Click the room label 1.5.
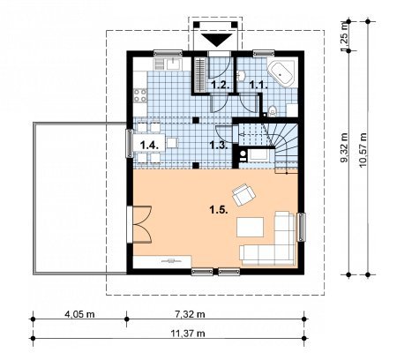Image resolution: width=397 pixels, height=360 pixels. (x=219, y=210)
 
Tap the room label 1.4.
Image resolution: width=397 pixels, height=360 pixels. (x=150, y=145)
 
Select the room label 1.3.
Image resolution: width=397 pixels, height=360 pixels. (x=219, y=145)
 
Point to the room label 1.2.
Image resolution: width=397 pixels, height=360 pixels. (x=221, y=86)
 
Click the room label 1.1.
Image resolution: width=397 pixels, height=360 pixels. (x=258, y=85)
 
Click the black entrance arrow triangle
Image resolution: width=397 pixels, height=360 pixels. (x=217, y=40)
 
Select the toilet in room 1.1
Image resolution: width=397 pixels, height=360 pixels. (x=273, y=111)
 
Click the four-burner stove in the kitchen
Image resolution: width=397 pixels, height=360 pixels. (x=140, y=95)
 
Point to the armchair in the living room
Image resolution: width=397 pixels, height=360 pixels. (x=243, y=195)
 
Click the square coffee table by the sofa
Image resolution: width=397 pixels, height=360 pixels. (x=250, y=227)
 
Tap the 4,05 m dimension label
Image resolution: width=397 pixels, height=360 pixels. (x=79, y=314)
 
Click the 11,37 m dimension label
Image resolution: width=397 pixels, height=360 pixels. (x=188, y=334)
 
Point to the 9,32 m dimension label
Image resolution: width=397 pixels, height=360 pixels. (x=344, y=147)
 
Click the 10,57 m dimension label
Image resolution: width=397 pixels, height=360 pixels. (x=363, y=150)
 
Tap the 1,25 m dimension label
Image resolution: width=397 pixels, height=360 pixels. (x=344, y=35)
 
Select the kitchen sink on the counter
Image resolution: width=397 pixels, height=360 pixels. (x=175, y=64)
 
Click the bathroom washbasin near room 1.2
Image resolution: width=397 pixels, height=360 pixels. (x=242, y=76)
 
